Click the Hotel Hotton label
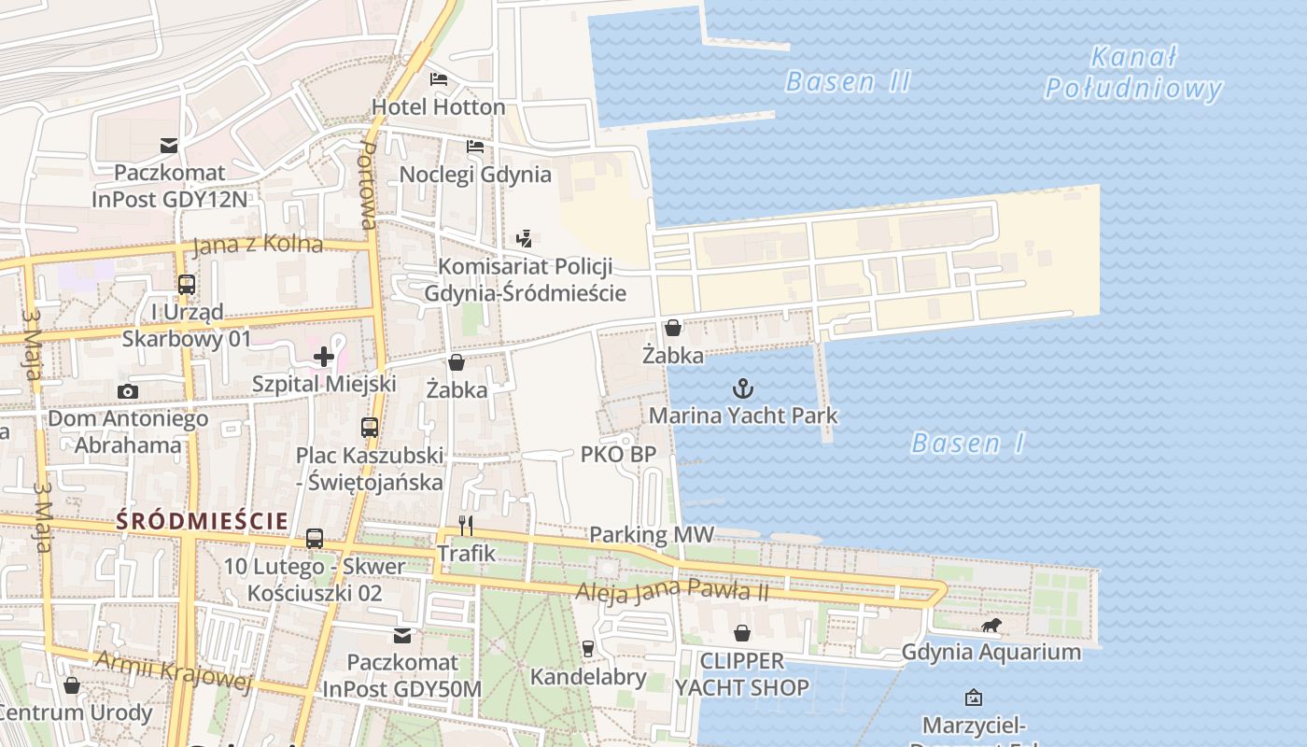click(438, 106)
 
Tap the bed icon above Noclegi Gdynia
click(475, 147)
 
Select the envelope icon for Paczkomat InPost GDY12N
click(169, 146)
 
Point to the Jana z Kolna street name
click(257, 246)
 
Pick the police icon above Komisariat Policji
click(525, 238)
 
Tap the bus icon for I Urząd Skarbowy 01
click(187, 284)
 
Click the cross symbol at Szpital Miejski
click(324, 356)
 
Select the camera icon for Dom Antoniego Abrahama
click(128, 391)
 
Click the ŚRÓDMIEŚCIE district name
click(203, 521)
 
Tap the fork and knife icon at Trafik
click(466, 526)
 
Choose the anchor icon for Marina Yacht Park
click(743, 388)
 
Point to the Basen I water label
click(967, 443)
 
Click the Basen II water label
click(848, 81)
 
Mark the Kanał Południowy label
click(1133, 73)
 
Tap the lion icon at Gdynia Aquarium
click(991, 625)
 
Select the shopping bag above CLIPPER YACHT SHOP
click(742, 634)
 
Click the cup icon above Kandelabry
click(588, 648)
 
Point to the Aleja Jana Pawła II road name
click(671, 590)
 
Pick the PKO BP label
click(618, 455)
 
